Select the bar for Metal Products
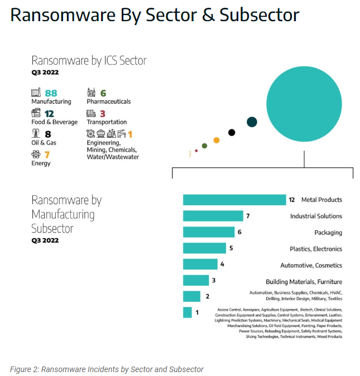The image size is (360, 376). (234, 200)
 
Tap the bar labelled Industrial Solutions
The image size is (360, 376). (213, 216)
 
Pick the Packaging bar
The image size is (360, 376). (208, 232)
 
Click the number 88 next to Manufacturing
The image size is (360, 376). (51, 93)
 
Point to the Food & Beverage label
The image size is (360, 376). (54, 122)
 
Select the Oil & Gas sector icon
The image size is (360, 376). (36, 134)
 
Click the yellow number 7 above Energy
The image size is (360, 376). (47, 155)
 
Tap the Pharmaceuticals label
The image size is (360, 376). (108, 102)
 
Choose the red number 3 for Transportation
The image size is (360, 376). (103, 113)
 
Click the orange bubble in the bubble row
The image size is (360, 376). (217, 140)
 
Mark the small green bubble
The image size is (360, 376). (204, 146)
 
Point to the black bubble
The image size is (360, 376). (232, 132)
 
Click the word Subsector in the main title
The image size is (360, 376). (259, 15)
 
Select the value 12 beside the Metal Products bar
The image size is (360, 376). (291, 200)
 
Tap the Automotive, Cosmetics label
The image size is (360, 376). (311, 265)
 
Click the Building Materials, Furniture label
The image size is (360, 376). (304, 282)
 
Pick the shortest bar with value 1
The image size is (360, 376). (187, 312)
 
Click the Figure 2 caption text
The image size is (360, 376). (107, 369)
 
